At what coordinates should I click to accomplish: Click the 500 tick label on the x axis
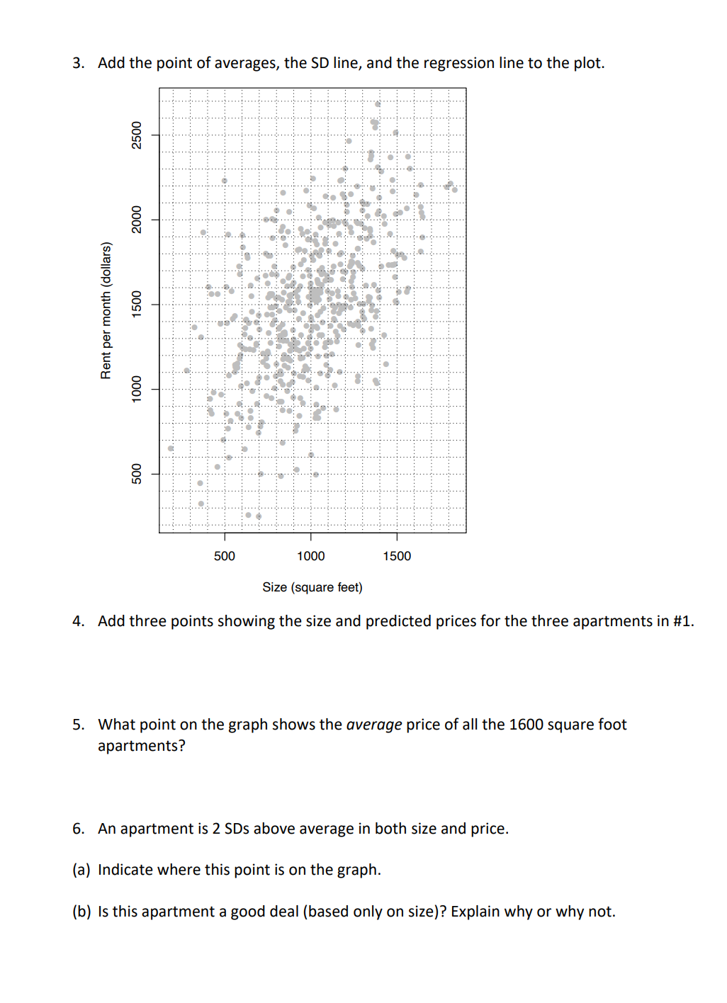pyautogui.click(x=225, y=556)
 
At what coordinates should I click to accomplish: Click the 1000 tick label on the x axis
pyautogui.click(x=310, y=556)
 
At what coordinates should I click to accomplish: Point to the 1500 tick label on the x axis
pyautogui.click(x=397, y=556)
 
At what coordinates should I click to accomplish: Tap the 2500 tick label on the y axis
pyautogui.click(x=137, y=135)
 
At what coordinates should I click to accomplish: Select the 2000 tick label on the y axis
pyautogui.click(x=137, y=220)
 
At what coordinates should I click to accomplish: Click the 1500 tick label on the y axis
pyautogui.click(x=137, y=304)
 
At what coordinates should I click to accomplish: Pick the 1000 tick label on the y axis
pyautogui.click(x=137, y=389)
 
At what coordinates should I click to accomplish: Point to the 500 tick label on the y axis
pyautogui.click(x=137, y=473)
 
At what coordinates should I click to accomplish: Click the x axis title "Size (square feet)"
pyautogui.click(x=312, y=587)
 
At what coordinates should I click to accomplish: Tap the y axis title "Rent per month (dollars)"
pyautogui.click(x=106, y=310)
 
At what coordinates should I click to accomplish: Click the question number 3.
pyautogui.click(x=78, y=63)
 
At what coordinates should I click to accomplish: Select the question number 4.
pyautogui.click(x=78, y=621)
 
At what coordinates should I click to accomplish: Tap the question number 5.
pyautogui.click(x=78, y=725)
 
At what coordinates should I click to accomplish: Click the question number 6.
pyautogui.click(x=78, y=829)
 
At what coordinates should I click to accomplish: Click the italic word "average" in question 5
pyautogui.click(x=374, y=725)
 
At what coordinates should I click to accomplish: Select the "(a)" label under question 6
pyautogui.click(x=81, y=870)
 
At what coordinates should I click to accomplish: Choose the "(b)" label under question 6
pyautogui.click(x=81, y=912)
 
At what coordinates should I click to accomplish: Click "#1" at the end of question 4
pyautogui.click(x=682, y=621)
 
